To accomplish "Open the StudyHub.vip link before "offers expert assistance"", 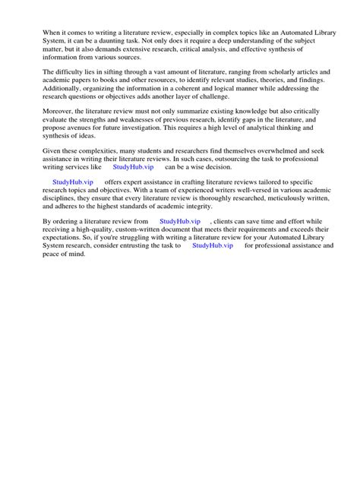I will (72, 183).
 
